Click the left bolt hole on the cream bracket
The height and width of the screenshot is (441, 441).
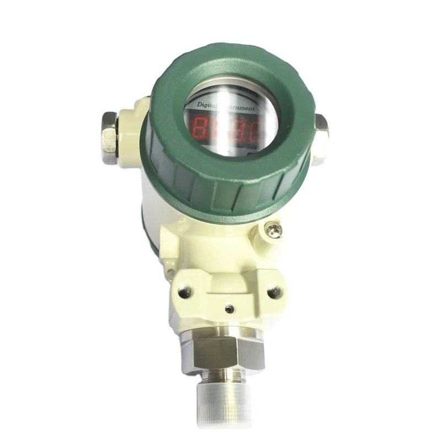pos(185,286)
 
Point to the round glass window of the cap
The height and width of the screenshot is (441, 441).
pos(226,119)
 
